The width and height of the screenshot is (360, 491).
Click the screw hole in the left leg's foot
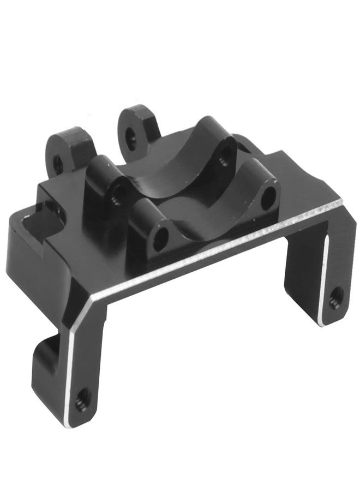pyautogui.click(x=82, y=394)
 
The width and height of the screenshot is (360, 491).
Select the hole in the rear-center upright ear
pyautogui.click(x=130, y=134)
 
